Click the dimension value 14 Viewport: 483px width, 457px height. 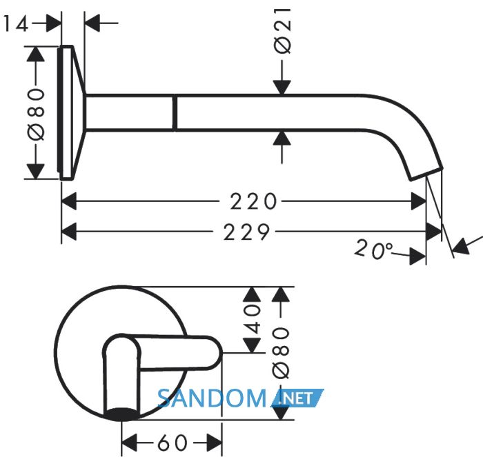(15, 23)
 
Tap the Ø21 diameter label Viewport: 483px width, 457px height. (282, 31)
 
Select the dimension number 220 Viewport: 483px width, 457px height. (253, 201)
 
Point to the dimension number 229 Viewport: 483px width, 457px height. (246, 232)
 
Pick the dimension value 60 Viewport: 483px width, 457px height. (172, 443)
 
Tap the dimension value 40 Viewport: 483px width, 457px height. (253, 319)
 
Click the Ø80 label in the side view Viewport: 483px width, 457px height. (36, 114)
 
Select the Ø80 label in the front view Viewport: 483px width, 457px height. (281, 353)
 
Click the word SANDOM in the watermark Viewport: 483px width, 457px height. (212, 398)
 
